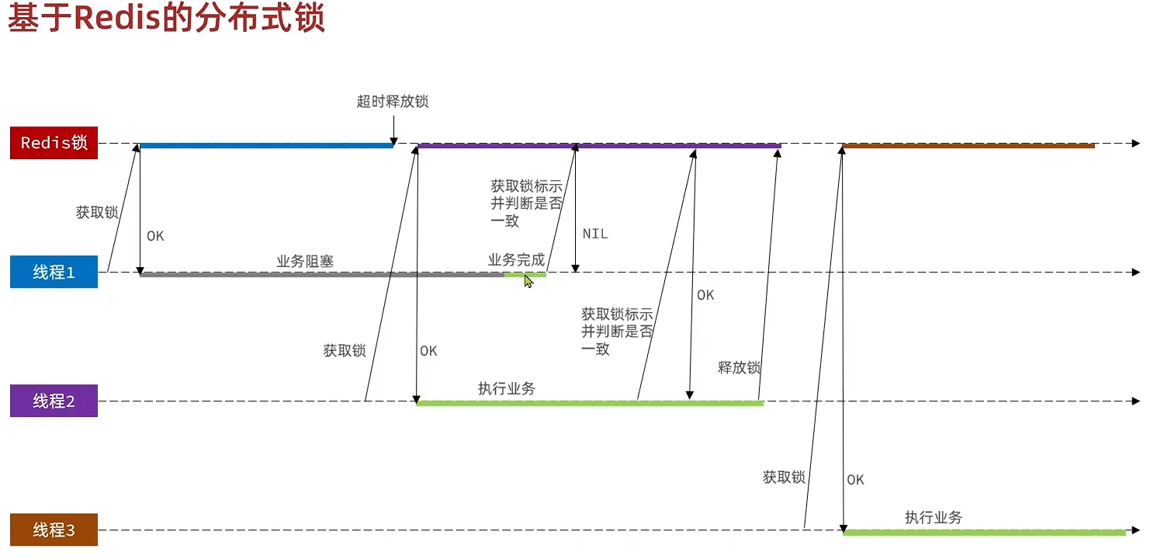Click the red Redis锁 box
54,144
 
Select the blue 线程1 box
54,273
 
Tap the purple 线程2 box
54,401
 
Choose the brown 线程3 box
54,530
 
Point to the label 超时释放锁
393,102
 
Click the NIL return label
595,234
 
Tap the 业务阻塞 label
305,262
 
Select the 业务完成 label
516,260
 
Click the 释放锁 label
739,367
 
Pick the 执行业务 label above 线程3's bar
934,517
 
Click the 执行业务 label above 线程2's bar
507,388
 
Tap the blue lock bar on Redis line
266,145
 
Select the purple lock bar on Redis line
599,145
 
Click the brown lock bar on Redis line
968,145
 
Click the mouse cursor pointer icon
528,280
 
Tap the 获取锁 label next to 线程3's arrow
784,477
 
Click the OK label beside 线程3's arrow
855,480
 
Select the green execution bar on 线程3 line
984,532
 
